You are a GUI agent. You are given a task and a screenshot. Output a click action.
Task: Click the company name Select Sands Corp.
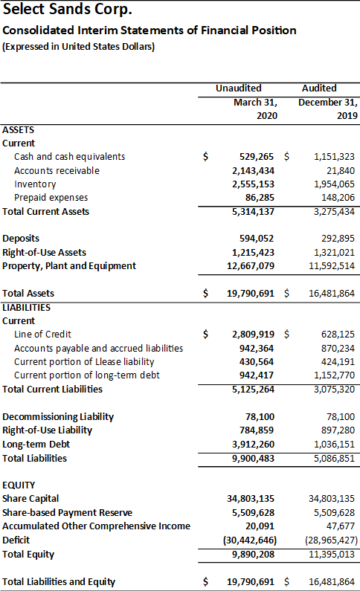(x=68, y=10)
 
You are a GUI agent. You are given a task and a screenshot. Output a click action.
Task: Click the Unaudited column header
(x=239, y=88)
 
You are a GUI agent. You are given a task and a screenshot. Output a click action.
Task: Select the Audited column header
(x=319, y=88)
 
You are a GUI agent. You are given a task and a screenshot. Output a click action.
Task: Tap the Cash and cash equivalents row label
(x=69, y=157)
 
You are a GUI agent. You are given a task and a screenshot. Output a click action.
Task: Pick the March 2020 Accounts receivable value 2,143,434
(x=254, y=171)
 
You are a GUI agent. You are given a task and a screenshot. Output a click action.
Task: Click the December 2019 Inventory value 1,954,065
(x=335, y=184)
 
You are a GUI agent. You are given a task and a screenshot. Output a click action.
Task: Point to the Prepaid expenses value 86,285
(x=260, y=198)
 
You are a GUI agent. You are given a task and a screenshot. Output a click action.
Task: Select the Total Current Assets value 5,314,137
(x=254, y=212)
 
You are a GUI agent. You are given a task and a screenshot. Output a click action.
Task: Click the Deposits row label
(x=21, y=239)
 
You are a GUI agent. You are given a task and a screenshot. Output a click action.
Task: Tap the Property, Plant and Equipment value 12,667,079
(x=251, y=266)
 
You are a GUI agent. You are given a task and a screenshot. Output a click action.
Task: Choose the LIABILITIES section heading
(x=26, y=308)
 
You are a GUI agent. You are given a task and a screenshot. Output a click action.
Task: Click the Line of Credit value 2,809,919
(x=254, y=335)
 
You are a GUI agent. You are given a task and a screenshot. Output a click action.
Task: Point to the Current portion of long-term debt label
(x=87, y=375)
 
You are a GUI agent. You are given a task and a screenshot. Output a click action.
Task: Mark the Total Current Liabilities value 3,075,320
(x=335, y=390)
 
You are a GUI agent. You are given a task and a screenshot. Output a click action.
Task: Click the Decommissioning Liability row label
(x=58, y=417)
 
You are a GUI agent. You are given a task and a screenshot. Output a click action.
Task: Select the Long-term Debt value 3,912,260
(x=254, y=445)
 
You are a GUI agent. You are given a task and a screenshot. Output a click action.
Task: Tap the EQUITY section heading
(x=19, y=485)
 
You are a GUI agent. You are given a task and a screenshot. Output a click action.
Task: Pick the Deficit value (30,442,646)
(x=250, y=540)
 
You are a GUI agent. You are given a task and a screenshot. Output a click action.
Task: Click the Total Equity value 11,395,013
(x=332, y=555)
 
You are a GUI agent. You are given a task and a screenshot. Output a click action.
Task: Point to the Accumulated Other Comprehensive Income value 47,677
(x=341, y=526)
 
